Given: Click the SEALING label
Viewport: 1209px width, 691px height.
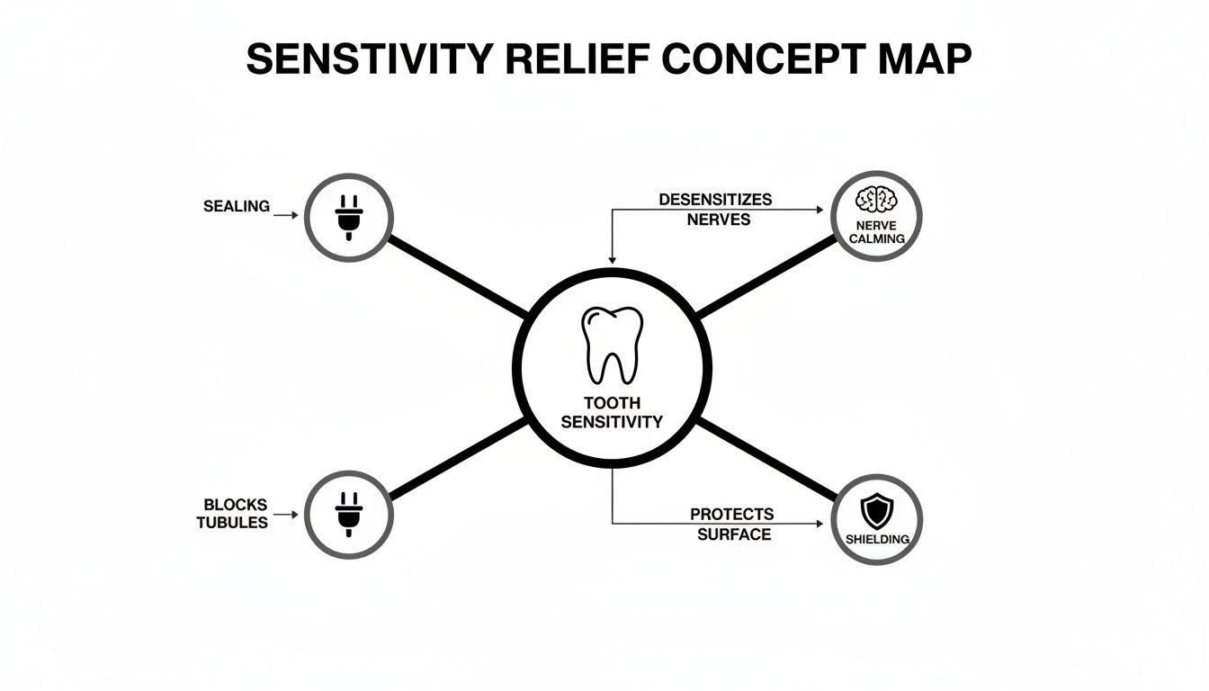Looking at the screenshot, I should pos(237,206).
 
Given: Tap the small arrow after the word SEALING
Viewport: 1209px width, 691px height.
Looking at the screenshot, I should pos(285,216).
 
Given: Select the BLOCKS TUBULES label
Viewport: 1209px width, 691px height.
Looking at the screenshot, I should pos(234,514).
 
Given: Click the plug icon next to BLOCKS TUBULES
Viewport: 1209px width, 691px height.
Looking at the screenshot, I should pos(348,516).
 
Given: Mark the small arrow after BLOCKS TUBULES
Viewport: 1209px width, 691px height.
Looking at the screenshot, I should pos(285,516).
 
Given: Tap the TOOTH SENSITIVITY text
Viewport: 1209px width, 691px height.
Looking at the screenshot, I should pos(612,413).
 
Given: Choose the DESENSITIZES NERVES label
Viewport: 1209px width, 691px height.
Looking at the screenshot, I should pos(715,209).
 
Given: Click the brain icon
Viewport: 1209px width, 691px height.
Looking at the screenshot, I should pos(876,200).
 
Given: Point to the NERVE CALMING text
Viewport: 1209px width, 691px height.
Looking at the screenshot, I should pos(876,232).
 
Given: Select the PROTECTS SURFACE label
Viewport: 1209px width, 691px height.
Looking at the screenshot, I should pos(731,524).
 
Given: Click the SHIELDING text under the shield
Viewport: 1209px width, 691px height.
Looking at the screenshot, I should pos(876,539).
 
